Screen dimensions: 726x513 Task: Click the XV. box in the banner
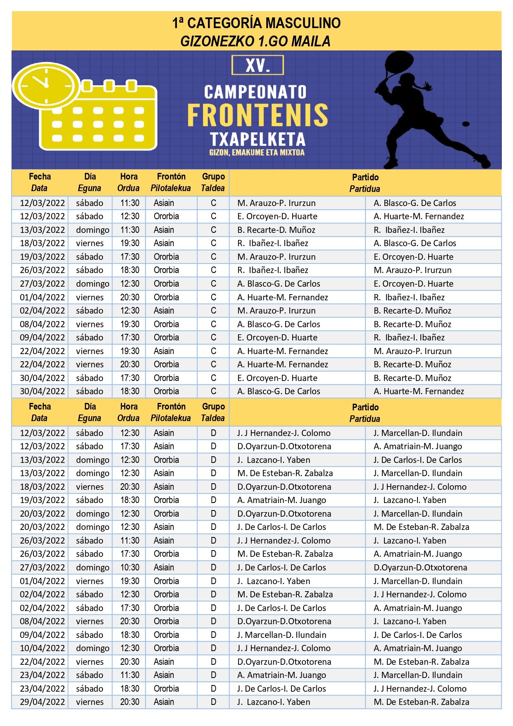tap(258, 65)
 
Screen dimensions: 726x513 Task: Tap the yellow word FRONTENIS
tap(258, 115)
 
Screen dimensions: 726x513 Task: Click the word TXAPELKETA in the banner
tap(258, 139)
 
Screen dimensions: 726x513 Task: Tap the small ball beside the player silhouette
tap(466, 124)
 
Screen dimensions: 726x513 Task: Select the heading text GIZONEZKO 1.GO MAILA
tap(255, 41)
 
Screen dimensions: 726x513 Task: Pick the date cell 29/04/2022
tap(42, 702)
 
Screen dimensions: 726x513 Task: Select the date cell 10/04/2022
tap(42, 648)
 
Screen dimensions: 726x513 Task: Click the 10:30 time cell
tap(130, 568)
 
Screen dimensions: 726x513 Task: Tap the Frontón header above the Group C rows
tap(171, 177)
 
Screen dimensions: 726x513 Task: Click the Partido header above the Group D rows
tap(365, 407)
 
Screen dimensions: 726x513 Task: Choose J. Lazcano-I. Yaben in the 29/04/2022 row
tap(274, 702)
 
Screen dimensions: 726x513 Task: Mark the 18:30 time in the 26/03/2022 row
tap(130, 270)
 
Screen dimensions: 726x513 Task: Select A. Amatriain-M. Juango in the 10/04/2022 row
tap(418, 648)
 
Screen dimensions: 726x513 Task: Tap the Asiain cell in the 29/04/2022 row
tap(164, 702)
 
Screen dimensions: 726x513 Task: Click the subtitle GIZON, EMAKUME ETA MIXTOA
tap(257, 153)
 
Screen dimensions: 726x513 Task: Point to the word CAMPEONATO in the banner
tap(255, 92)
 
